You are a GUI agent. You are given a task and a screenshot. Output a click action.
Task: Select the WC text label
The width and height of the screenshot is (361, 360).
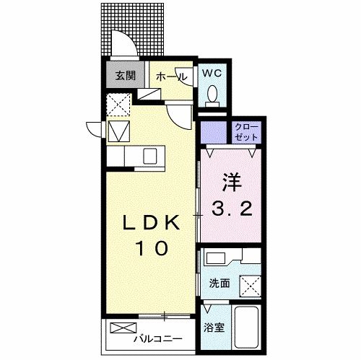[x=211, y=73]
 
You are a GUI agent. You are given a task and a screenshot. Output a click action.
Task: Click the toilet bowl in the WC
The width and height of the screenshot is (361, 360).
[x=213, y=94]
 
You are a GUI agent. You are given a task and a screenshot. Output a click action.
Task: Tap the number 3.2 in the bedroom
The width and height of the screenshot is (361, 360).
[x=232, y=210]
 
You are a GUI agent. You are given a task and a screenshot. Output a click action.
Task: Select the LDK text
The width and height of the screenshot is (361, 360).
[x=150, y=224]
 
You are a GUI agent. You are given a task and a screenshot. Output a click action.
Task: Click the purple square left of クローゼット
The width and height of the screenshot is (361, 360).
[x=214, y=131]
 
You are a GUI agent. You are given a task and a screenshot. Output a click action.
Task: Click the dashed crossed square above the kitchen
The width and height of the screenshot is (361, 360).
[x=118, y=105]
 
